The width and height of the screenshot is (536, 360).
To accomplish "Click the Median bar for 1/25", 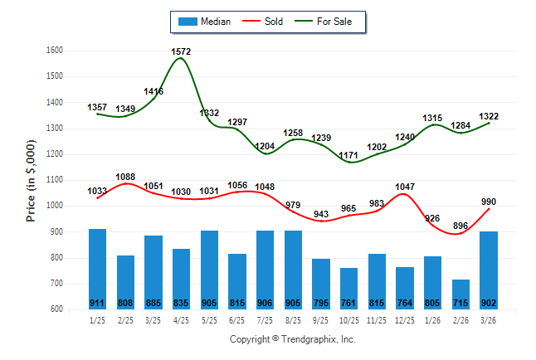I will click(x=97, y=269).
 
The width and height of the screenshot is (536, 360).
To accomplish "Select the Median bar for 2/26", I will click(x=461, y=294).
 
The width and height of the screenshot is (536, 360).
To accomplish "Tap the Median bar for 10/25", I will click(x=349, y=289).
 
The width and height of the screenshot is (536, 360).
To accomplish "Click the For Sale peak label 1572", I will click(x=182, y=51).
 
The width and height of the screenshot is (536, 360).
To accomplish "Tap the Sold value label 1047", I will click(x=405, y=187).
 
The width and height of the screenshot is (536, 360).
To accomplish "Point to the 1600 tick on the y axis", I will click(x=54, y=51).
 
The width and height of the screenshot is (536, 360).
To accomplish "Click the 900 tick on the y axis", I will click(x=56, y=231).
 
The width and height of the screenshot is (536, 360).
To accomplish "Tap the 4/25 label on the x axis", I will click(x=182, y=320).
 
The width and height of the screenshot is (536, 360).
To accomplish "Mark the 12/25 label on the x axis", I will click(x=405, y=320).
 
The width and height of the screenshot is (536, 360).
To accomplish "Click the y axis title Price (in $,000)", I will click(x=31, y=180).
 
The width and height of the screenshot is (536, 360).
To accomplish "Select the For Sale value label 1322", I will click(x=489, y=116).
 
